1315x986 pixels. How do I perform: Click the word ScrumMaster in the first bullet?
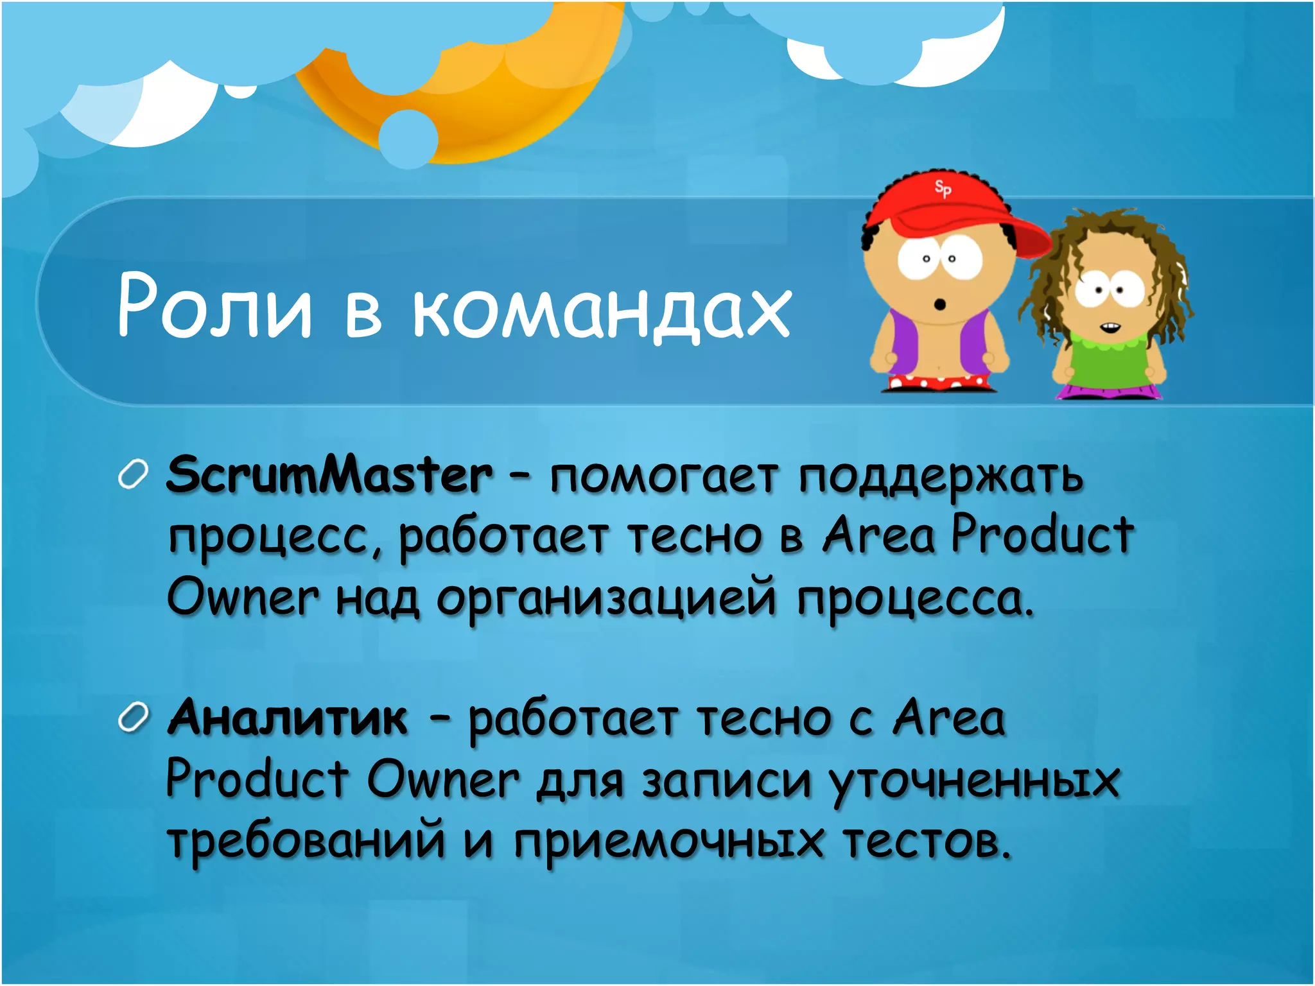click(329, 475)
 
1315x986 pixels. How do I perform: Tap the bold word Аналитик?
click(287, 717)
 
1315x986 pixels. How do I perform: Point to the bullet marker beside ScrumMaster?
click(134, 476)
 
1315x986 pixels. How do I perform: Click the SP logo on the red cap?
click(943, 189)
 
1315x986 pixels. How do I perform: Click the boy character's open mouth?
click(940, 303)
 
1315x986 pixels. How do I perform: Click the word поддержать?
click(941, 478)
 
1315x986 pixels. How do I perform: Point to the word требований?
click(306, 841)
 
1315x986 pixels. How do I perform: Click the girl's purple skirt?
click(1110, 390)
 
